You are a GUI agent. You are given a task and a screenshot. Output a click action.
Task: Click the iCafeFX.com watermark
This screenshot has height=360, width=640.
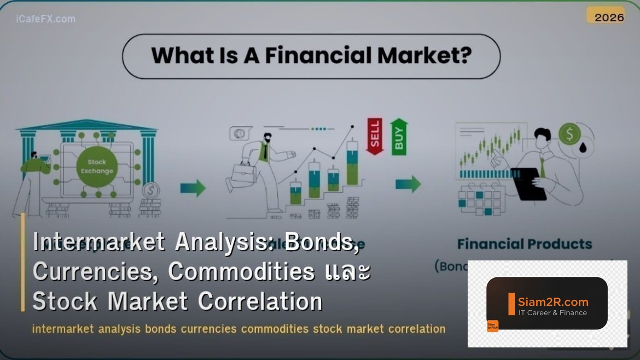[46, 19]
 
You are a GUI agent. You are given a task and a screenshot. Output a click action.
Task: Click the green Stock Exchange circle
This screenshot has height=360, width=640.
[97, 166]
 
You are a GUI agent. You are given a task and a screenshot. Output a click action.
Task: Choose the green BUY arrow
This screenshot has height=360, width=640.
[399, 135]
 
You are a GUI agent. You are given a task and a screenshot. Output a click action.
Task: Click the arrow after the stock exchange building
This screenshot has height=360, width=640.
[193, 188]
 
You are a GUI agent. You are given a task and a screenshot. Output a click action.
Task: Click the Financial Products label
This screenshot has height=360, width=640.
[524, 244]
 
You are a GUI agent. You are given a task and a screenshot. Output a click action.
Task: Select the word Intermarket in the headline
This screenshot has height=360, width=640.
[99, 242]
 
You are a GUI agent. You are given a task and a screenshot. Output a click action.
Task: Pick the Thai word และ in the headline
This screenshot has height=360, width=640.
[346, 271]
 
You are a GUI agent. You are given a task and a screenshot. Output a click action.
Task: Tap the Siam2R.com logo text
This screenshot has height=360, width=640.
[552, 301]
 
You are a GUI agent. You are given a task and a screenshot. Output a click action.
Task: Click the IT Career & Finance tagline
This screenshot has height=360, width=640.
[552, 313]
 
